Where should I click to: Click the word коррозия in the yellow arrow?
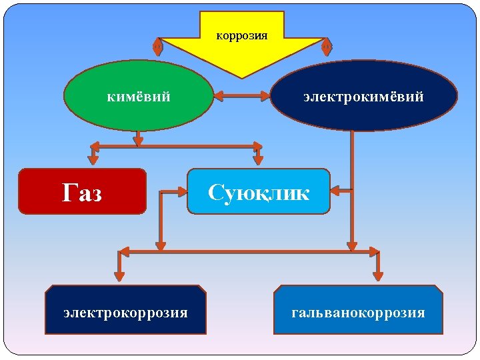pyautogui.click(x=242, y=35)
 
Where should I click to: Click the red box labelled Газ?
pyautogui.click(x=82, y=191)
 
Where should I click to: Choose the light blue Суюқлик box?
pyautogui.click(x=259, y=191)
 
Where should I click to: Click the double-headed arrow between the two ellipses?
pyautogui.click(x=242, y=96)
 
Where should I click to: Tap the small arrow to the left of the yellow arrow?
pyautogui.click(x=157, y=46)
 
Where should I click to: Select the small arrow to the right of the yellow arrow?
pyautogui.click(x=327, y=46)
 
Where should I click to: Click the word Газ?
pyautogui.click(x=82, y=193)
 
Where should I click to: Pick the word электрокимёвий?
pyautogui.click(x=363, y=97)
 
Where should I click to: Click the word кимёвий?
pyautogui.click(x=139, y=97)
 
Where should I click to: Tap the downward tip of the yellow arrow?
pyautogui.click(x=243, y=75)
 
